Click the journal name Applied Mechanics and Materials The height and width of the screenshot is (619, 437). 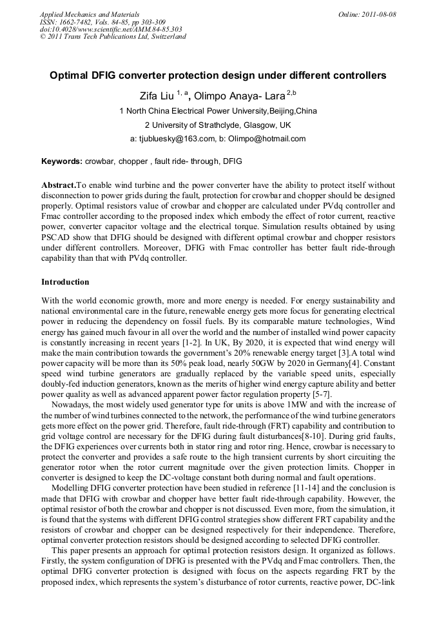(x=90, y=14)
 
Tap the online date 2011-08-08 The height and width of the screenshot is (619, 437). (x=378, y=14)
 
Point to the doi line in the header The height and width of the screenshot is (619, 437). (x=111, y=29)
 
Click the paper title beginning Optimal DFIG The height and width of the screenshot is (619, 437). (x=218, y=76)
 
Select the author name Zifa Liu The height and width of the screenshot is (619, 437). (x=156, y=96)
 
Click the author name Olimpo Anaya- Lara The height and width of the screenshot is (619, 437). (x=240, y=96)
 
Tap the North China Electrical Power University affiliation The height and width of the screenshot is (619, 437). (x=218, y=111)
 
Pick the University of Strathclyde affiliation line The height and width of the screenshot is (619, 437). (x=218, y=125)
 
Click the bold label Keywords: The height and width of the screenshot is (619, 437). (x=61, y=161)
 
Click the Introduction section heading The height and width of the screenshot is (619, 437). (x=65, y=282)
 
